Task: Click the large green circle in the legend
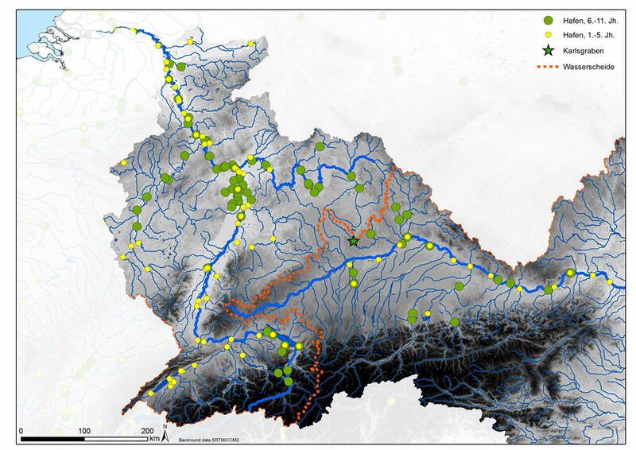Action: (547, 20)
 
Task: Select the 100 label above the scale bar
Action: (84, 430)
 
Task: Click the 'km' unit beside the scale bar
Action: (154, 437)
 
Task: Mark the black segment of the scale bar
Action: (52, 438)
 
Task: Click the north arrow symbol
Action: (164, 433)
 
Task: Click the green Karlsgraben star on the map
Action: (353, 240)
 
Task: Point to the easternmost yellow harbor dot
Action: (611, 282)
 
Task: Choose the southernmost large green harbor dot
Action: (288, 382)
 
